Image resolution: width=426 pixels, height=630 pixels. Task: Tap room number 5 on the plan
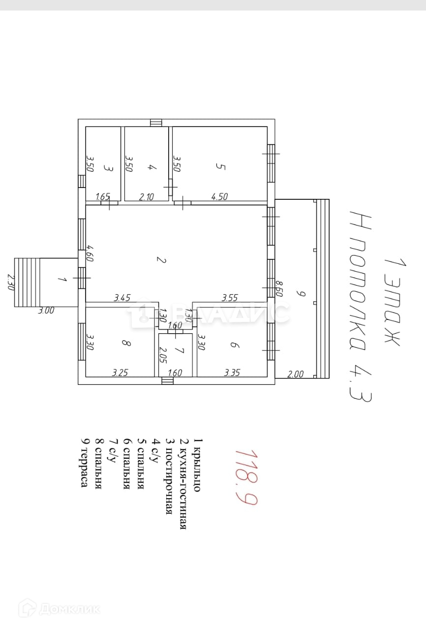point(220,167)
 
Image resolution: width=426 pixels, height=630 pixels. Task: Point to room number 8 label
point(126,344)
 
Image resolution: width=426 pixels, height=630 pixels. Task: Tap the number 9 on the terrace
point(302,294)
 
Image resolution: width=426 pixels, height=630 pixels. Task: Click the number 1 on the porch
point(61,280)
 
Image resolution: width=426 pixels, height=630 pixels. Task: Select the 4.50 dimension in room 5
point(219,197)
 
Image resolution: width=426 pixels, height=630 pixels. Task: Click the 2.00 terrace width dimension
point(295,374)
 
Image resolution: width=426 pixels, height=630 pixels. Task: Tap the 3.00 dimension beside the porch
point(47,311)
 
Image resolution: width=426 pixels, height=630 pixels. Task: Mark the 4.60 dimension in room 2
point(90,253)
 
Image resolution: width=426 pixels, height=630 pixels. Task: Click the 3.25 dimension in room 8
point(121,373)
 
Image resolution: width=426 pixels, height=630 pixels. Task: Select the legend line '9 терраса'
point(85,463)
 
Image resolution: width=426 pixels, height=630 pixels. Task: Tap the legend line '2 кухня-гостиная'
point(183,483)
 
